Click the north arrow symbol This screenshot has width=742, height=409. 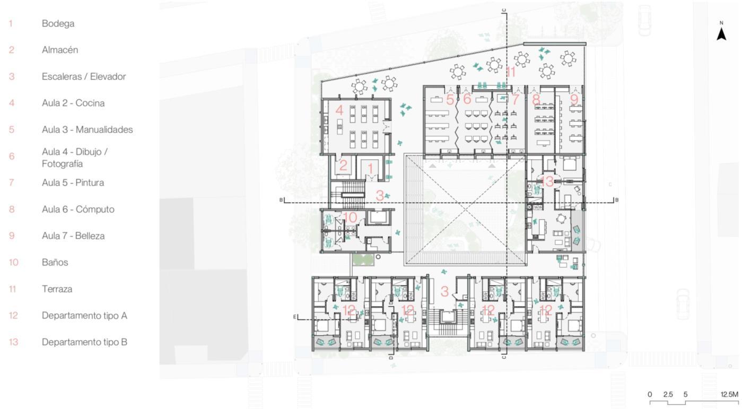click(x=721, y=34)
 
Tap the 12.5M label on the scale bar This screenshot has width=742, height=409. click(x=729, y=395)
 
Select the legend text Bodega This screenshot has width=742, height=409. click(x=58, y=23)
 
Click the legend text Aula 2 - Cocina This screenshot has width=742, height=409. click(x=73, y=103)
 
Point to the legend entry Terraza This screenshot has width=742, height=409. click(x=57, y=289)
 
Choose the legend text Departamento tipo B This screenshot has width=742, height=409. click(x=84, y=342)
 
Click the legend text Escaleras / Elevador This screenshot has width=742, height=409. click(x=84, y=76)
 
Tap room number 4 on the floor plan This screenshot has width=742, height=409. click(x=339, y=110)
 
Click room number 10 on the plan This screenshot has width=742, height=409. click(x=350, y=217)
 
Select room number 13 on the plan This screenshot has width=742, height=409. click(x=547, y=181)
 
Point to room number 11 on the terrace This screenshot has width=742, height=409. click(x=510, y=72)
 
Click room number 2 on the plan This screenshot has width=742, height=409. click(x=343, y=165)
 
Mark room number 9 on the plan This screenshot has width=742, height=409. click(x=574, y=99)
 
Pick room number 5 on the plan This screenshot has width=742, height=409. click(x=450, y=99)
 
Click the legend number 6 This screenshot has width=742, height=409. click(x=12, y=156)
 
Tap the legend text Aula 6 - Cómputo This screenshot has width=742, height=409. click(x=78, y=210)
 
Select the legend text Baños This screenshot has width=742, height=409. click(x=55, y=263)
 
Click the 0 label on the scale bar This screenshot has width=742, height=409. click(x=650, y=395)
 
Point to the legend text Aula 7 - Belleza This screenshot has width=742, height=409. click(x=73, y=236)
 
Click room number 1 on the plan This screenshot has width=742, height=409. click(x=370, y=168)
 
